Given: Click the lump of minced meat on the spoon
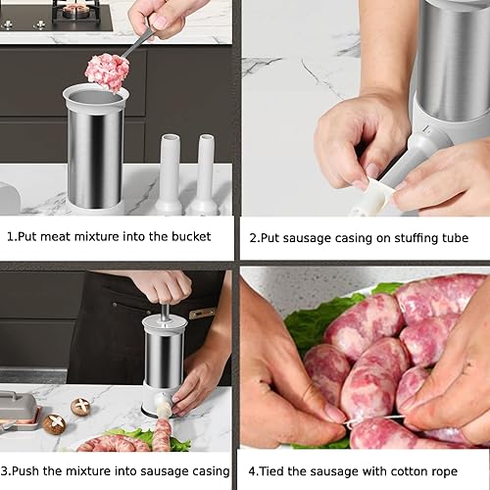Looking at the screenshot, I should (x=107, y=71).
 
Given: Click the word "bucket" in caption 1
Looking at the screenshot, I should (x=201, y=237).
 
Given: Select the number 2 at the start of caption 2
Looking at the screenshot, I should (x=253, y=238).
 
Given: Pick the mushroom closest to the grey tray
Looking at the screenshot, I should (x=55, y=423).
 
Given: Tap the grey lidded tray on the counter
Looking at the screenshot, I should (x=18, y=409).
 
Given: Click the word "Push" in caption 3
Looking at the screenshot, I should (x=34, y=471).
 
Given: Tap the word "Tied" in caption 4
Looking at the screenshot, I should (x=274, y=471).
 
